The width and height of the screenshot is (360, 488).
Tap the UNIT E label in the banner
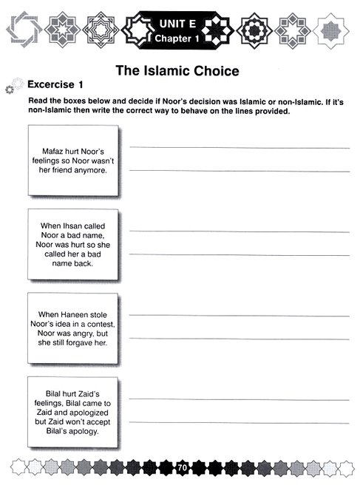(177, 24)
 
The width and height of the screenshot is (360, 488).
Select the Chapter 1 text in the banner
(177, 38)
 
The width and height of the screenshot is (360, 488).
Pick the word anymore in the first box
(90, 169)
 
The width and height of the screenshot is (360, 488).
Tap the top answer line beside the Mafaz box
(240, 148)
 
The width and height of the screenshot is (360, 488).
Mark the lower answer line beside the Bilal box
(240, 423)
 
